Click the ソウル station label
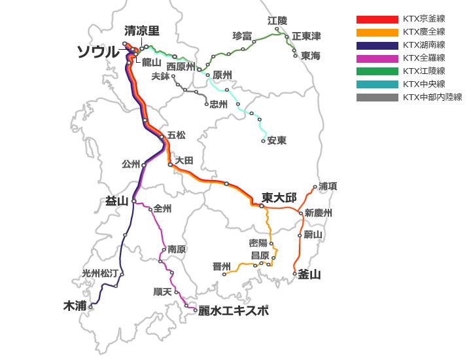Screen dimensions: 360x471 [99, 52]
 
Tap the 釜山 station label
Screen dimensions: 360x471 [309, 275]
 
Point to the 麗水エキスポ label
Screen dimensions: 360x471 [234, 310]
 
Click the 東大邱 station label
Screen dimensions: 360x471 [279, 198]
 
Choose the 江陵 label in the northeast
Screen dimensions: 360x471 [277, 21]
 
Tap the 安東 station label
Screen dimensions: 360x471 [277, 141]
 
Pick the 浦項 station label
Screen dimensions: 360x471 [328, 187]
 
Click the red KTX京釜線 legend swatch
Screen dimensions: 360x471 [377, 19]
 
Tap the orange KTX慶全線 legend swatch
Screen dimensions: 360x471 [377, 32]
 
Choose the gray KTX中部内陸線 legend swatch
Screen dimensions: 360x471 [377, 98]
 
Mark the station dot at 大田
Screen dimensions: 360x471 [170, 165]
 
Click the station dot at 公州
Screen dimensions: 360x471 [144, 164]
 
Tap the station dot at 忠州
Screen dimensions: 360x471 [207, 104]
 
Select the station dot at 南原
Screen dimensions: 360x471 [164, 249]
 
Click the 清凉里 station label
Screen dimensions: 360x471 [142, 31]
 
